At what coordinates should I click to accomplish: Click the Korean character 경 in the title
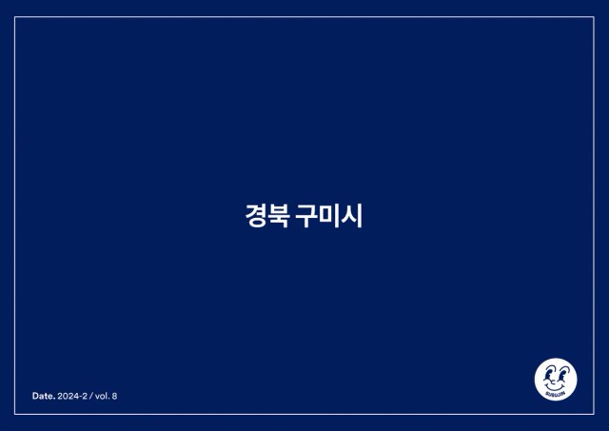pos(256,215)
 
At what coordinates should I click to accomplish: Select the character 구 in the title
pos(306,215)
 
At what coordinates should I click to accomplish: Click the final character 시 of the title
pos(352,215)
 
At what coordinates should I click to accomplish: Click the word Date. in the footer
pos(44,396)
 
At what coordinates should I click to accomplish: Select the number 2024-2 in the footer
pos(72,396)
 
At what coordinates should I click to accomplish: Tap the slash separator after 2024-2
pos(91,396)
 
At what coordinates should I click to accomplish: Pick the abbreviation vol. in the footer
pos(103,396)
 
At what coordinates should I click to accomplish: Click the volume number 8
pos(114,396)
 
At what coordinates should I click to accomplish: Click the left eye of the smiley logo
pos(548,375)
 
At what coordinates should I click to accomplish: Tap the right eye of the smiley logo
pos(561,375)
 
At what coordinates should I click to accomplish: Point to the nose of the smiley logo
pos(554,382)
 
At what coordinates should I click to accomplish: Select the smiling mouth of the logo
pos(555,387)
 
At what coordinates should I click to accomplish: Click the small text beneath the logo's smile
pos(556,394)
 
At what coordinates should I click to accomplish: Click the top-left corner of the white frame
pos(15,17)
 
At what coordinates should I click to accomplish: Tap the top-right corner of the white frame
pos(594,17)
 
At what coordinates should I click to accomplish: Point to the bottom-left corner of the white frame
pos(15,414)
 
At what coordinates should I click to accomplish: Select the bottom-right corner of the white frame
pos(594,414)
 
